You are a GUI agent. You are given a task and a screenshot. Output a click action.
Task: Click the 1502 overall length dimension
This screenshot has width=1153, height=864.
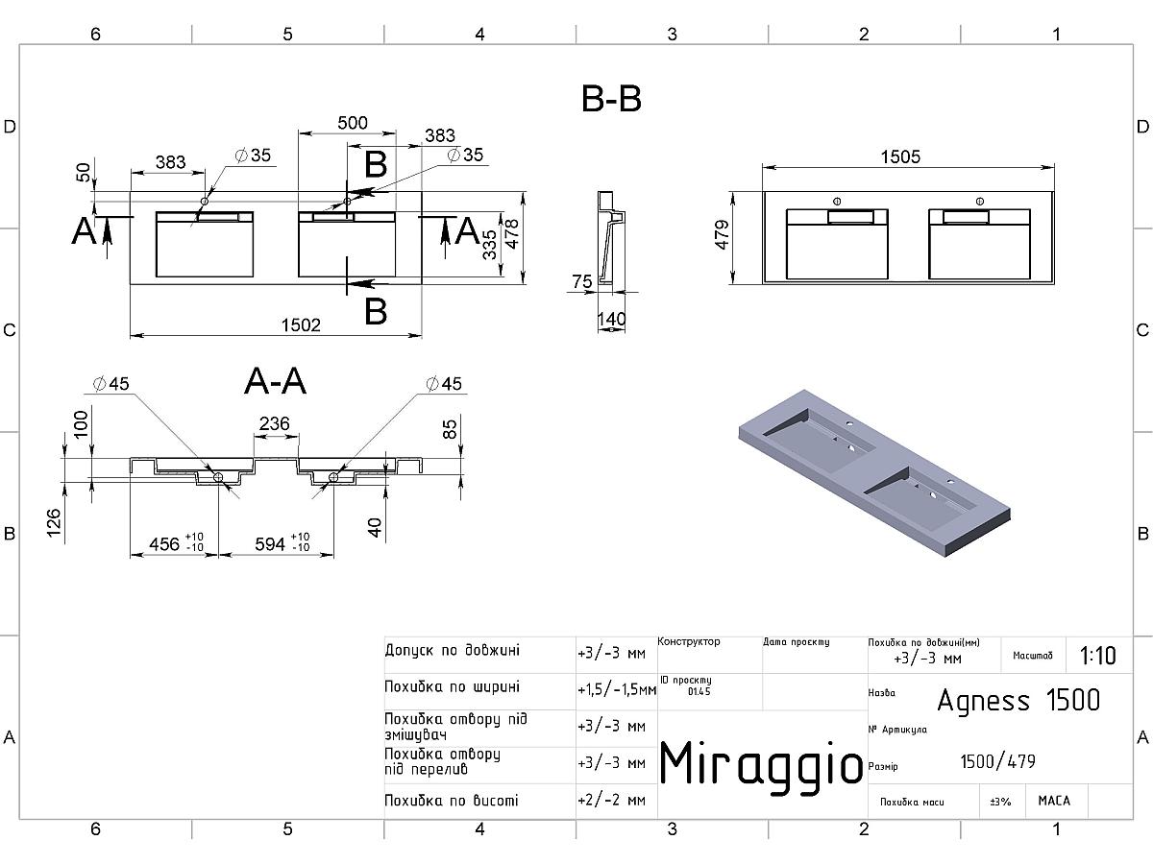coord(301,325)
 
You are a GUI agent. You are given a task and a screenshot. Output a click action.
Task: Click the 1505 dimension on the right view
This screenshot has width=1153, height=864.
coord(900,156)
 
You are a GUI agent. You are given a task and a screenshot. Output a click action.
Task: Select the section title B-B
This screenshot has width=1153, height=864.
coord(612,99)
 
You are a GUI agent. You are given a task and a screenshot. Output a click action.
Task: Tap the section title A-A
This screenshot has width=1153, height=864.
coord(275,382)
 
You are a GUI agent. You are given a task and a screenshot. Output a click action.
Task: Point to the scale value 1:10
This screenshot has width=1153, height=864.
coord(1097,656)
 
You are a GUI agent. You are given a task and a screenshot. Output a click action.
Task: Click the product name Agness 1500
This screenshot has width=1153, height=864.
coord(1018,700)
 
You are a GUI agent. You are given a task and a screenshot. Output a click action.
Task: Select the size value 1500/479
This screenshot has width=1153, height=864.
coord(998,762)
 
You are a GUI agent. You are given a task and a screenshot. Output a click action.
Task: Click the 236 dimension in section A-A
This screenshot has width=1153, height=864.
coord(275,423)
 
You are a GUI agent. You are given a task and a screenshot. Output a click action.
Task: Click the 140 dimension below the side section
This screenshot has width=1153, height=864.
coord(611,318)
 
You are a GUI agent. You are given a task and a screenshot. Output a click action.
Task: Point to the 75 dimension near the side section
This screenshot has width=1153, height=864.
coord(582,281)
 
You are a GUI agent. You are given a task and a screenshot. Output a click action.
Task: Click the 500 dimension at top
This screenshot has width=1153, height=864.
coord(353,123)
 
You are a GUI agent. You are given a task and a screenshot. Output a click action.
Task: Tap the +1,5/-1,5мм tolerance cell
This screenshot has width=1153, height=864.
coord(617,689)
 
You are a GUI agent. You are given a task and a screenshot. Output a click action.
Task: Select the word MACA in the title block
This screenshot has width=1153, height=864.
coord(1054,800)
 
